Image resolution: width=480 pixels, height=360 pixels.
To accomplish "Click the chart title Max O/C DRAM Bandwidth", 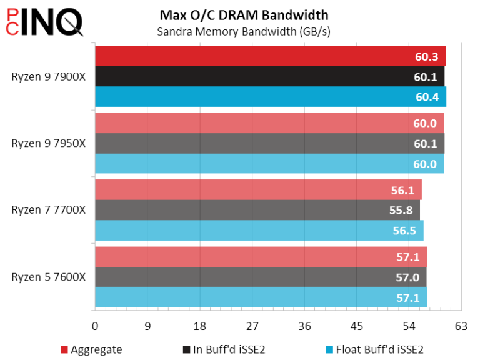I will coord(243,14).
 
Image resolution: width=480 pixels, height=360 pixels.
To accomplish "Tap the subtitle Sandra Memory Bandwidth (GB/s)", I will coord(243,31).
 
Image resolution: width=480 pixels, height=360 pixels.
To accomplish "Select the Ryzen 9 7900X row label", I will coord(48,77).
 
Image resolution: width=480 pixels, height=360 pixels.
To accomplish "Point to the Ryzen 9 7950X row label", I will coord(48,143).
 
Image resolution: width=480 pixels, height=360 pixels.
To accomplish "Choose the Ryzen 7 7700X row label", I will coord(48,210).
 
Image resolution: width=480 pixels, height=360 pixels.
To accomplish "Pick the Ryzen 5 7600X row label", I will coord(48,277).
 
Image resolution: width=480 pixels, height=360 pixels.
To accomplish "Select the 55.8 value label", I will coord(401,211).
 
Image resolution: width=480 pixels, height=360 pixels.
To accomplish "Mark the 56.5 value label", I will coord(404,231).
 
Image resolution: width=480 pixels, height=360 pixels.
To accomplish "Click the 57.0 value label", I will coord(407,277).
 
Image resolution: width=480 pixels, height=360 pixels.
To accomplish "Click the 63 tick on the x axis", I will coord(461,326).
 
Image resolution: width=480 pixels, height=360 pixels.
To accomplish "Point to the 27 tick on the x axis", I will coord(252,326).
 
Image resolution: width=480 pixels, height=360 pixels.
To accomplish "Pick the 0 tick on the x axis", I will coord(95,326).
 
